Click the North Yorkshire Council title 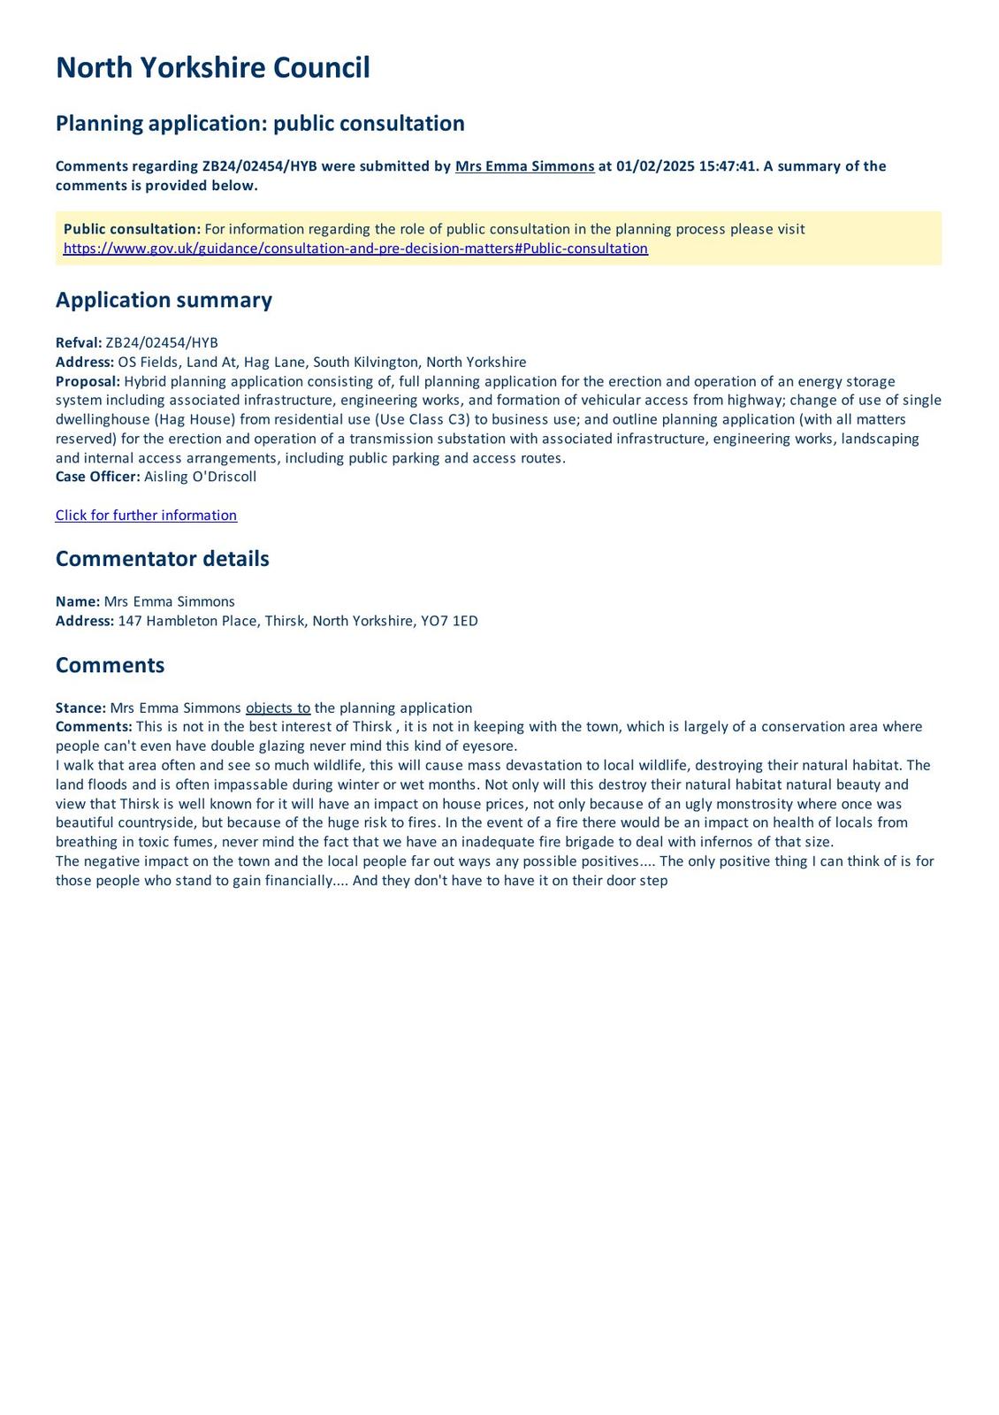click(212, 68)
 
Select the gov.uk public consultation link click(355, 249)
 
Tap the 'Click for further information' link click(146, 516)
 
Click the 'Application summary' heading click(164, 300)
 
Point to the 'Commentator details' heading click(162, 559)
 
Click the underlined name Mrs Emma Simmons click(524, 166)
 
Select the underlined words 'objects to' click(278, 708)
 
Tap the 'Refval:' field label click(79, 343)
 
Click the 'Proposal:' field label click(88, 381)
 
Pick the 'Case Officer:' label click(97, 477)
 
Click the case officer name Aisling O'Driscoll click(200, 477)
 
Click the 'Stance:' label click(80, 708)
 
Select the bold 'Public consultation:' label click(132, 229)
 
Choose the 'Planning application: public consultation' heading click(260, 123)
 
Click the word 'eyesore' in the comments click(488, 746)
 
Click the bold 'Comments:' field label click(94, 727)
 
